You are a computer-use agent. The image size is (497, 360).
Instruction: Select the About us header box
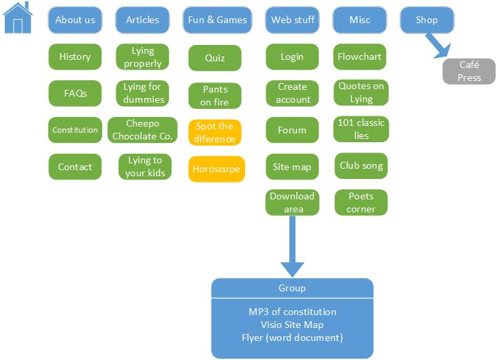pyautogui.click(x=75, y=20)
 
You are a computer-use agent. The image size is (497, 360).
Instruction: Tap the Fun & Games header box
pyautogui.click(x=217, y=20)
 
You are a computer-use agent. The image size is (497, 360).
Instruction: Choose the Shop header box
pyautogui.click(x=427, y=20)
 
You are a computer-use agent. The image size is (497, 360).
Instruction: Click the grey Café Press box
pyautogui.click(x=469, y=71)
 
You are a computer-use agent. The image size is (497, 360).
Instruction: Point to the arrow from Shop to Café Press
pyautogui.click(x=436, y=46)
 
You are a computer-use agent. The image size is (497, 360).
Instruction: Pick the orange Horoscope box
pyautogui.click(x=216, y=169)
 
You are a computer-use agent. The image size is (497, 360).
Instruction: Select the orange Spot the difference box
pyautogui.click(x=215, y=133)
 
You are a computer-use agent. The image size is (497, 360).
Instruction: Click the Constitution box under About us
pyautogui.click(x=75, y=130)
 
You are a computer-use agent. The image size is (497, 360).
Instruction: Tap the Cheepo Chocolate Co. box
pyautogui.click(x=143, y=130)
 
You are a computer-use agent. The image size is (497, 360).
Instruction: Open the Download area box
pyautogui.click(x=292, y=202)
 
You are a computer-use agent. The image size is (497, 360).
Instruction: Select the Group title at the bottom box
pyautogui.click(x=292, y=288)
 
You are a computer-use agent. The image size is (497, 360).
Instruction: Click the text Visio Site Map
pyautogui.click(x=292, y=325)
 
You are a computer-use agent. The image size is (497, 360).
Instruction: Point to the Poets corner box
pyautogui.click(x=361, y=202)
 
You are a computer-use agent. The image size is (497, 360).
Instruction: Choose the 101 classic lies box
pyautogui.click(x=361, y=129)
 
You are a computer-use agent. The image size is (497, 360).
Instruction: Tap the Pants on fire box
pyautogui.click(x=215, y=96)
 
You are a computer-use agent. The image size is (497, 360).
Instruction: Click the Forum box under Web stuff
pyautogui.click(x=292, y=130)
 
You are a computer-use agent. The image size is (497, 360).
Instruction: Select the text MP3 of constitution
pyautogui.click(x=292, y=312)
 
